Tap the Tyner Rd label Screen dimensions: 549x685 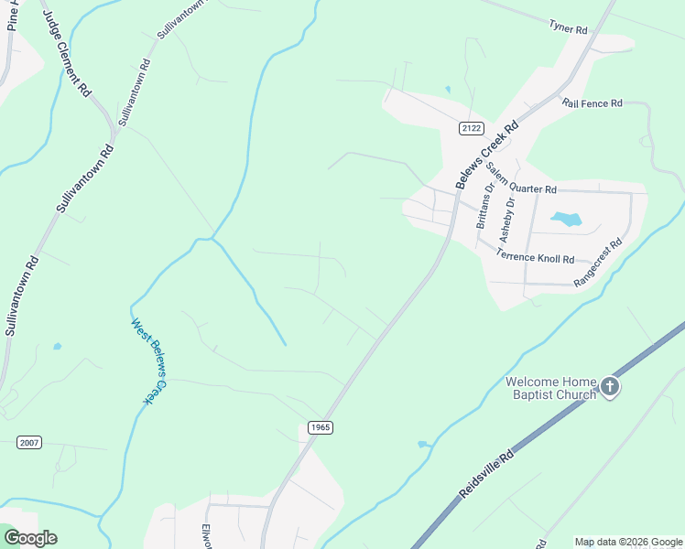point(568,29)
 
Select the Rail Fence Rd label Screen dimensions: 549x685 point(593,103)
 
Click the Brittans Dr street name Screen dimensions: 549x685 point(485,206)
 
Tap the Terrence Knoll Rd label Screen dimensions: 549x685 point(535,259)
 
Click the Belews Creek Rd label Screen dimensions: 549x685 point(487,155)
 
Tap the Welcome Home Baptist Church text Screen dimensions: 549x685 point(550,388)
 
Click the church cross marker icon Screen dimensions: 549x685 point(610,388)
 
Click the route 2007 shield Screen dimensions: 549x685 point(29,443)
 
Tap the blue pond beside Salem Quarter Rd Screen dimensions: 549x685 point(566,219)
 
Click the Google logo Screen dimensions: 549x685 point(30,538)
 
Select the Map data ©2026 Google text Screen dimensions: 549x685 point(627,542)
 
